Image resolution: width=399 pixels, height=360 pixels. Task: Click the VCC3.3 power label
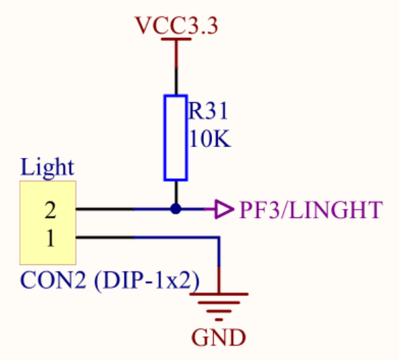pyautogui.click(x=177, y=25)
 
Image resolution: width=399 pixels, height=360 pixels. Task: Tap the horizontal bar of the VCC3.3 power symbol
pyautogui.click(x=176, y=39)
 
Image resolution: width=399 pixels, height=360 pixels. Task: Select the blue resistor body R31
pyautogui.click(x=176, y=138)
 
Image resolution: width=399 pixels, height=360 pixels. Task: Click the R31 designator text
pyautogui.click(x=207, y=110)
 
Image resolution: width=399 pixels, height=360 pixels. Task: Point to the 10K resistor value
pyautogui.click(x=210, y=138)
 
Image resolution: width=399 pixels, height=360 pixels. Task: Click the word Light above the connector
pyautogui.click(x=48, y=167)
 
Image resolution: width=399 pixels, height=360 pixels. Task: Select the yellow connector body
pyautogui.click(x=48, y=223)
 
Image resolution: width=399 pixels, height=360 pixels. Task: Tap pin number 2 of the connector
pyautogui.click(x=50, y=210)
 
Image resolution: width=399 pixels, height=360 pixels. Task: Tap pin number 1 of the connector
pyautogui.click(x=50, y=238)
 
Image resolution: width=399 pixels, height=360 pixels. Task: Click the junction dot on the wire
pyautogui.click(x=176, y=209)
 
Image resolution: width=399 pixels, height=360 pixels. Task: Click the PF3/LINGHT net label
pyautogui.click(x=311, y=210)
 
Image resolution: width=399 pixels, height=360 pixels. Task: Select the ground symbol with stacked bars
pyautogui.click(x=219, y=306)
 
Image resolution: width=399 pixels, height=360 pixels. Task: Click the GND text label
pyautogui.click(x=219, y=338)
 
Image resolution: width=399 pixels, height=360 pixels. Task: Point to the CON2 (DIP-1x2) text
pyautogui.click(x=109, y=280)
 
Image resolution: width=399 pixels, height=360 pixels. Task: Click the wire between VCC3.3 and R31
pyautogui.click(x=176, y=67)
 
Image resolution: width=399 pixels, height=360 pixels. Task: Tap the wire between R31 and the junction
pyautogui.click(x=176, y=193)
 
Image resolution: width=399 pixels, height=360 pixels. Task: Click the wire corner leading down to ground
pyautogui.click(x=219, y=238)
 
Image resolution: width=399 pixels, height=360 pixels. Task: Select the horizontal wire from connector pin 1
pyautogui.click(x=148, y=238)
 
